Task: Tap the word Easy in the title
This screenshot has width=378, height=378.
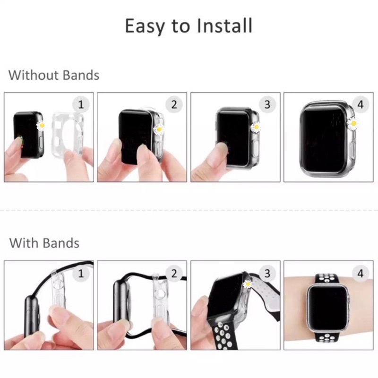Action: (145, 27)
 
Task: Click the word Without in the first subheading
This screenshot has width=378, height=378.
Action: (33, 75)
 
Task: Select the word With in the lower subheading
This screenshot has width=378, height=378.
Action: (23, 243)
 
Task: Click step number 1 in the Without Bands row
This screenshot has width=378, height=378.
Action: (81, 104)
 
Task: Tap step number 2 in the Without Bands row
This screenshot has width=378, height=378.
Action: (174, 104)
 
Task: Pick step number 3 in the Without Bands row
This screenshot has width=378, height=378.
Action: (267, 104)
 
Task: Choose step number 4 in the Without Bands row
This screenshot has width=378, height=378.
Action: (361, 104)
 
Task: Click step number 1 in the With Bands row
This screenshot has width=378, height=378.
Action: (81, 274)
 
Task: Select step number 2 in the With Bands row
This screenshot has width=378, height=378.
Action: (174, 274)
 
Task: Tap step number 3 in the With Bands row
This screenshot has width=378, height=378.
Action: (267, 274)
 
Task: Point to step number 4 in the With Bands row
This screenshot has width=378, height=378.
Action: (361, 274)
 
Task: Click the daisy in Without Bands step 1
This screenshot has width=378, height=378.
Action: (41, 125)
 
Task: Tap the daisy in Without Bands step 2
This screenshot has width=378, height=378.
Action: (159, 129)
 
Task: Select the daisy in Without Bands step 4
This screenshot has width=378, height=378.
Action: (353, 123)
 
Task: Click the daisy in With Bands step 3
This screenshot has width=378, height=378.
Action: (248, 284)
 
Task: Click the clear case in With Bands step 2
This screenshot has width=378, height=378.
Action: (160, 296)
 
